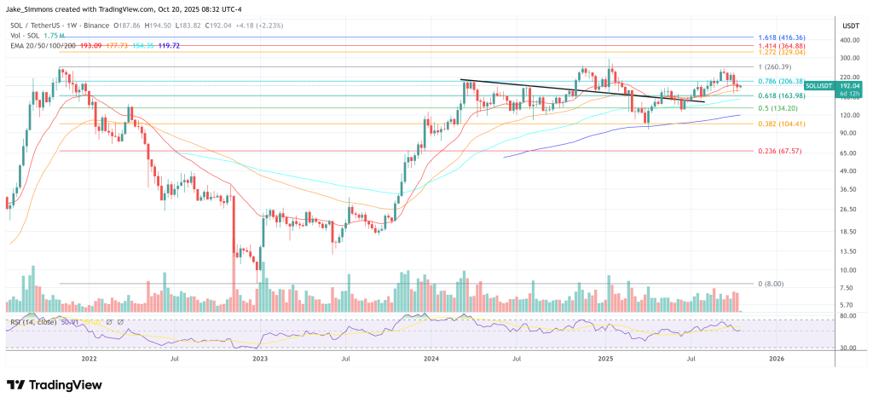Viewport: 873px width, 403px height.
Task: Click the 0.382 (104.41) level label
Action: click(782, 124)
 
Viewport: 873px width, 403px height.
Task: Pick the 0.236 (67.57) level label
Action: click(778, 152)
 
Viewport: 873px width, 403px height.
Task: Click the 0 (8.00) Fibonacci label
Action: click(770, 284)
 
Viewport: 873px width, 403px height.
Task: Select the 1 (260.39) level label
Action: click(776, 67)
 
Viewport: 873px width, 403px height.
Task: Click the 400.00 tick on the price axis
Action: click(847, 40)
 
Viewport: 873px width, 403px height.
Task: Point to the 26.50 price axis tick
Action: click(846, 210)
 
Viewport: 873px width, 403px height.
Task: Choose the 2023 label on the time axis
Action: click(261, 360)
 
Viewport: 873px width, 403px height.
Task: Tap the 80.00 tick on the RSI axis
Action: click(846, 316)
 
